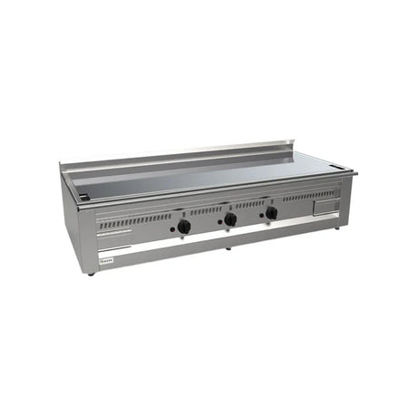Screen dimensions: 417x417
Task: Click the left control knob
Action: (184, 226)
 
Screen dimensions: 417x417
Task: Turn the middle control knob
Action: (230, 219)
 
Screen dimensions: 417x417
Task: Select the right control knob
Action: (271, 213)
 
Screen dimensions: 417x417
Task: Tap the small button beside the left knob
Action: (172, 229)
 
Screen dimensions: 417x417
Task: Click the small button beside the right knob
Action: (260, 217)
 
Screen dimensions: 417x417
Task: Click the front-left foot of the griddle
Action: (92, 273)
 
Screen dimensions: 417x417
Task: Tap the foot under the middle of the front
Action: (227, 247)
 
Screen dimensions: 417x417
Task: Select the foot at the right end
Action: (337, 228)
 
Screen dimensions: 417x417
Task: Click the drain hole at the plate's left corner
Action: (84, 196)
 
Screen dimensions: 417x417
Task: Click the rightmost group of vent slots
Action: (308, 195)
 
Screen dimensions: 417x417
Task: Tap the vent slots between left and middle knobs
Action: (206, 210)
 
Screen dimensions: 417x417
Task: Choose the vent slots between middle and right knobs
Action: (250, 204)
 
